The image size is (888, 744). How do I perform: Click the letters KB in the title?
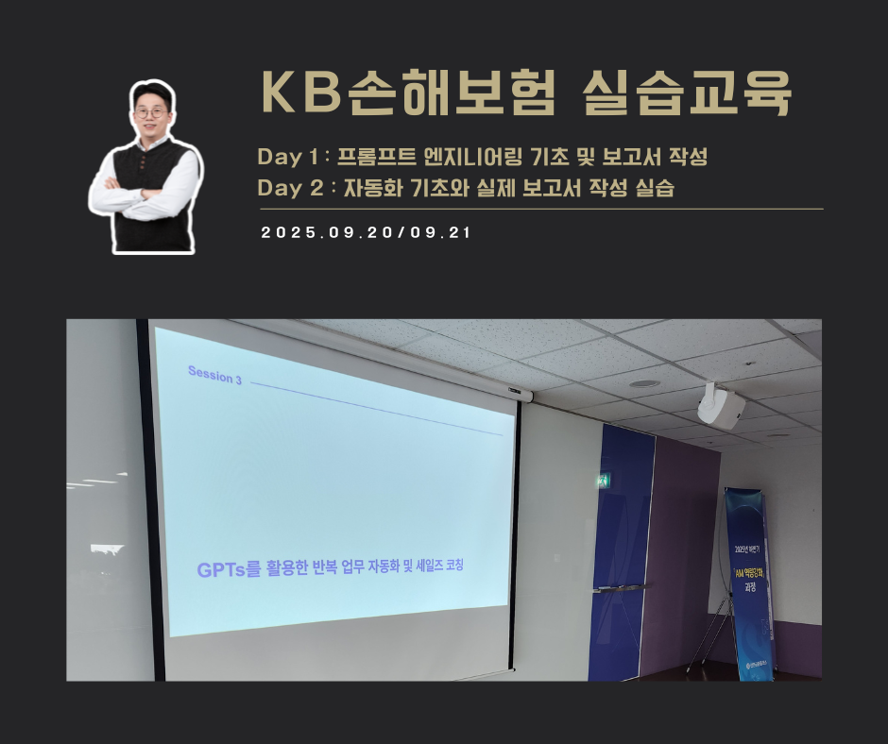click(x=293, y=93)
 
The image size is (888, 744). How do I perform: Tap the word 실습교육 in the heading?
click(x=687, y=93)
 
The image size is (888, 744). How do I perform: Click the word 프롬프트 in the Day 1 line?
click(x=376, y=157)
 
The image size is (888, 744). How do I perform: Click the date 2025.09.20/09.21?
click(x=366, y=233)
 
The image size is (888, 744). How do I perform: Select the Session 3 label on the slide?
click(x=214, y=376)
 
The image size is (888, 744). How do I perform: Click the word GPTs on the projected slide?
click(x=220, y=570)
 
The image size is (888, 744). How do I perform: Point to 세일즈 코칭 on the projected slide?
click(x=441, y=567)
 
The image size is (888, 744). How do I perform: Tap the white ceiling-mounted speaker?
click(x=720, y=406)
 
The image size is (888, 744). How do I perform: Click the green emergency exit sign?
click(x=602, y=482)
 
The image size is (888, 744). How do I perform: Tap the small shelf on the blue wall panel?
click(x=618, y=588)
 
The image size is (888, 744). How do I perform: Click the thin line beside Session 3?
click(x=378, y=406)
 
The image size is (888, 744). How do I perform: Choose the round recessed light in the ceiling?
click(x=643, y=383)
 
